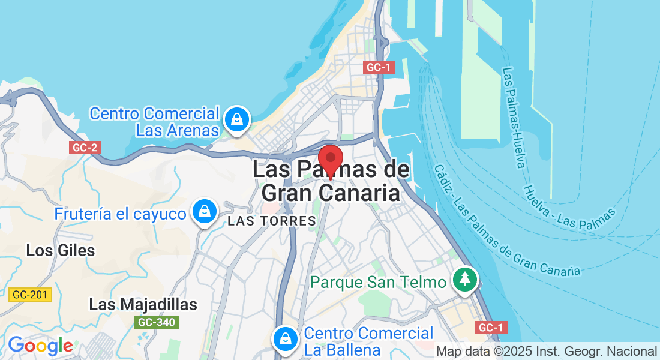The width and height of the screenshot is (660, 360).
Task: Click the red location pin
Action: pyautogui.click(x=330, y=159)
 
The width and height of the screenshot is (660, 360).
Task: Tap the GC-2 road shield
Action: pyautogui.click(x=85, y=148)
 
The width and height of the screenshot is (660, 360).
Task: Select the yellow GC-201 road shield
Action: pyautogui.click(x=31, y=295)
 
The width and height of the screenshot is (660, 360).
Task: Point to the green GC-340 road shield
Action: pyautogui.click(x=156, y=322)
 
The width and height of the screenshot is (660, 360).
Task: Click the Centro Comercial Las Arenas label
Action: pyautogui.click(x=155, y=122)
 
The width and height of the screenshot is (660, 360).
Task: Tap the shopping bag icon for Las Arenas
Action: pyautogui.click(x=238, y=120)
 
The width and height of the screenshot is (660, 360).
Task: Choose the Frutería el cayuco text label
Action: pyautogui.click(x=120, y=214)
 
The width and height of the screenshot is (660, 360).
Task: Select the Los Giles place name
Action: pyautogui.click(x=61, y=250)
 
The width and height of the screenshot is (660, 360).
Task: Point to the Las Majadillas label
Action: pyautogui.click(x=143, y=304)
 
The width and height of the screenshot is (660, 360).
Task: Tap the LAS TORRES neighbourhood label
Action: pyautogui.click(x=272, y=221)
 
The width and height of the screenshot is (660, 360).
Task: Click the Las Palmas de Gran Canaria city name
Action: pyautogui.click(x=331, y=181)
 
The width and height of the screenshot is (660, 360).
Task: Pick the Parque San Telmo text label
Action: pyautogui.click(x=379, y=282)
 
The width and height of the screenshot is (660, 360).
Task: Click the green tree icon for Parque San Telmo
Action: pyautogui.click(x=464, y=280)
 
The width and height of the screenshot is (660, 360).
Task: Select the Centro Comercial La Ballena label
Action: pyautogui.click(x=368, y=341)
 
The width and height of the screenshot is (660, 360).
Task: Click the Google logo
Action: pyautogui.click(x=40, y=346)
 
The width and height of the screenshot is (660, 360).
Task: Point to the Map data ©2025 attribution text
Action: pyautogui.click(x=547, y=351)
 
